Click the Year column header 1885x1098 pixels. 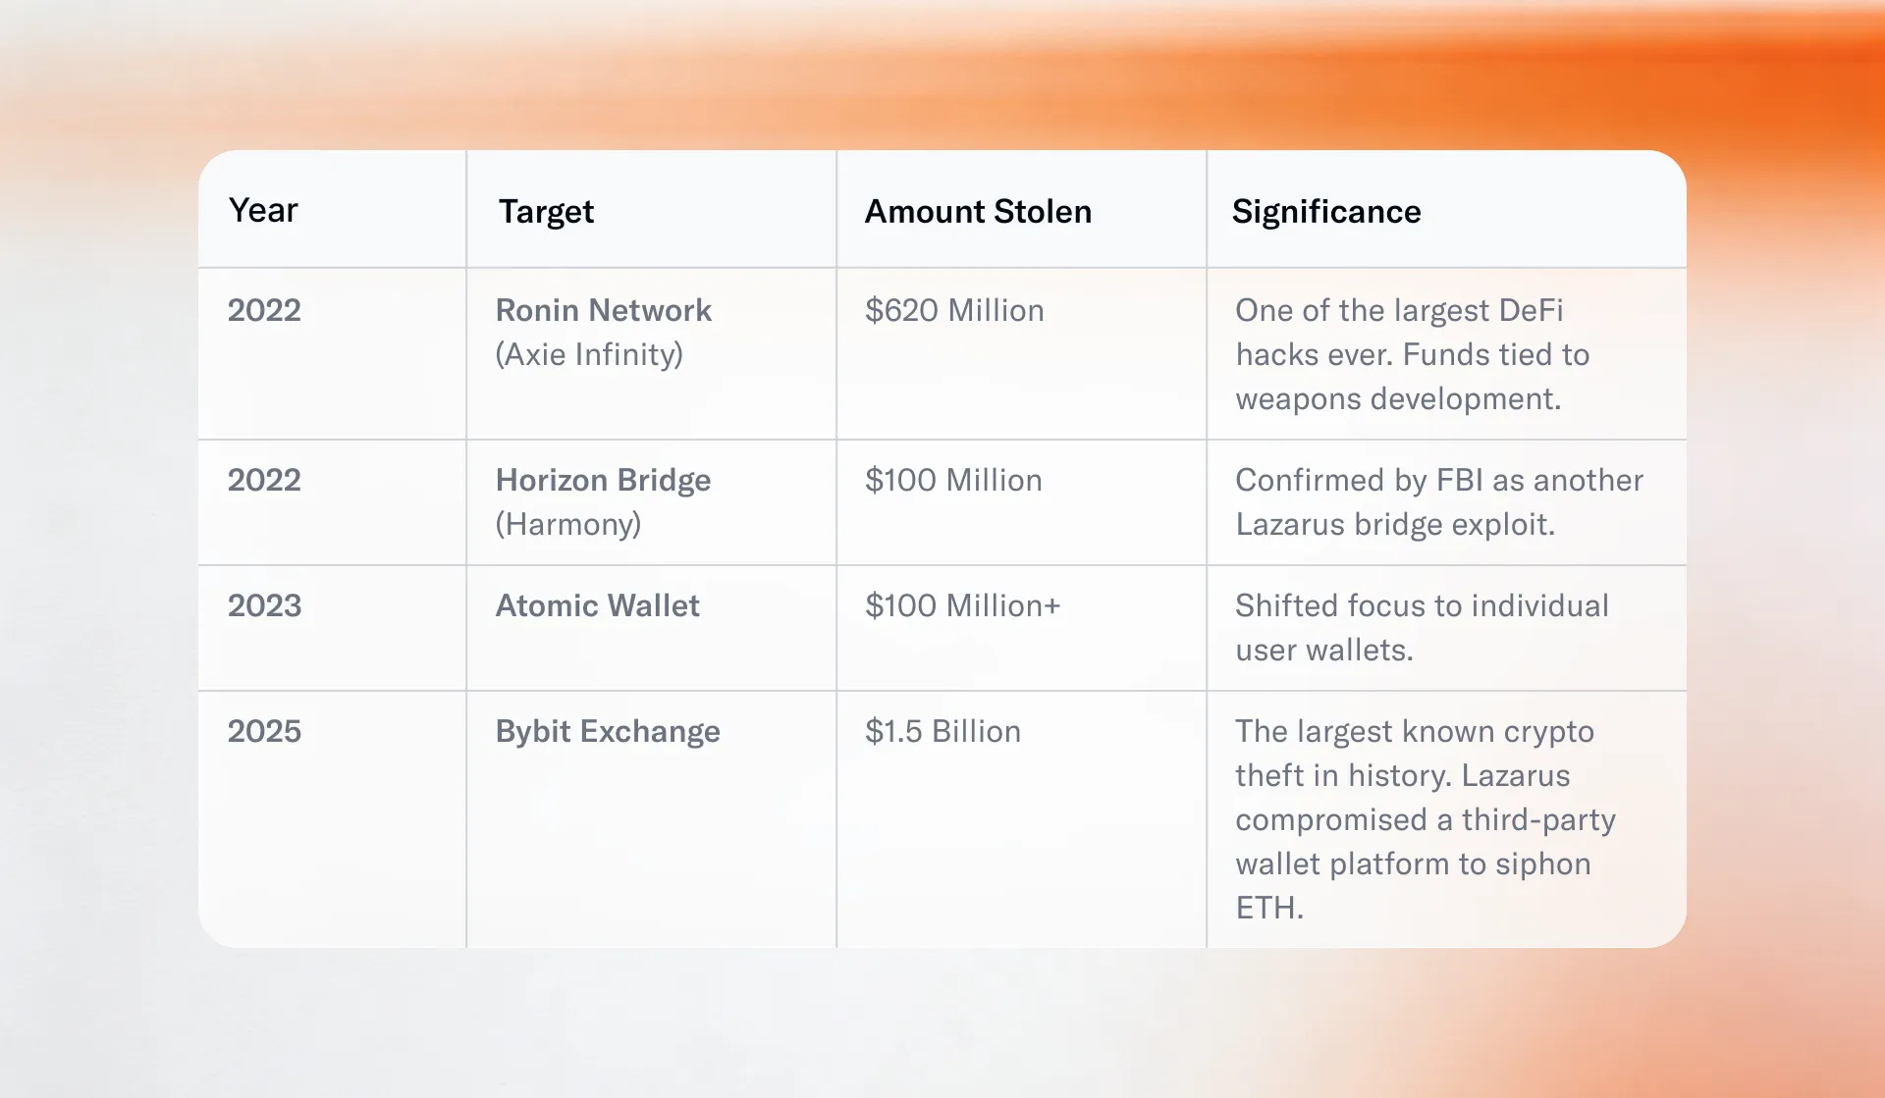pyautogui.click(x=263, y=211)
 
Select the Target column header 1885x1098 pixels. pyautogui.click(x=546, y=212)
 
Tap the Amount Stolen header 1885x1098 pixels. pyautogui.click(x=978, y=212)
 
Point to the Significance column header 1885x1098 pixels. pyautogui.click(x=1326, y=212)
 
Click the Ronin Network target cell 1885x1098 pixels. pyautogui.click(x=603, y=311)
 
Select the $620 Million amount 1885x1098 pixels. pyautogui.click(x=954, y=311)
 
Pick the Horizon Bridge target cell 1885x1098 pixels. pyautogui.click(x=603, y=481)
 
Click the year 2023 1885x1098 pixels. pyautogui.click(x=264, y=606)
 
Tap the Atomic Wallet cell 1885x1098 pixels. pyautogui.click(x=597, y=606)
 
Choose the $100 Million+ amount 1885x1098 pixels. pyautogui.click(x=962, y=606)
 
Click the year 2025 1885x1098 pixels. pyautogui.click(x=264, y=732)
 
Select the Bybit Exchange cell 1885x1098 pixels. pyautogui.click(x=608, y=732)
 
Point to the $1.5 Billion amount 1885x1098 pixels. pyautogui.click(x=942, y=732)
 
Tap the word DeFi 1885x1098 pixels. pyautogui.click(x=1531, y=311)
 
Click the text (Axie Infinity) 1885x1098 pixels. pyautogui.click(x=589, y=355)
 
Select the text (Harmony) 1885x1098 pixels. pyautogui.click(x=568, y=525)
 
